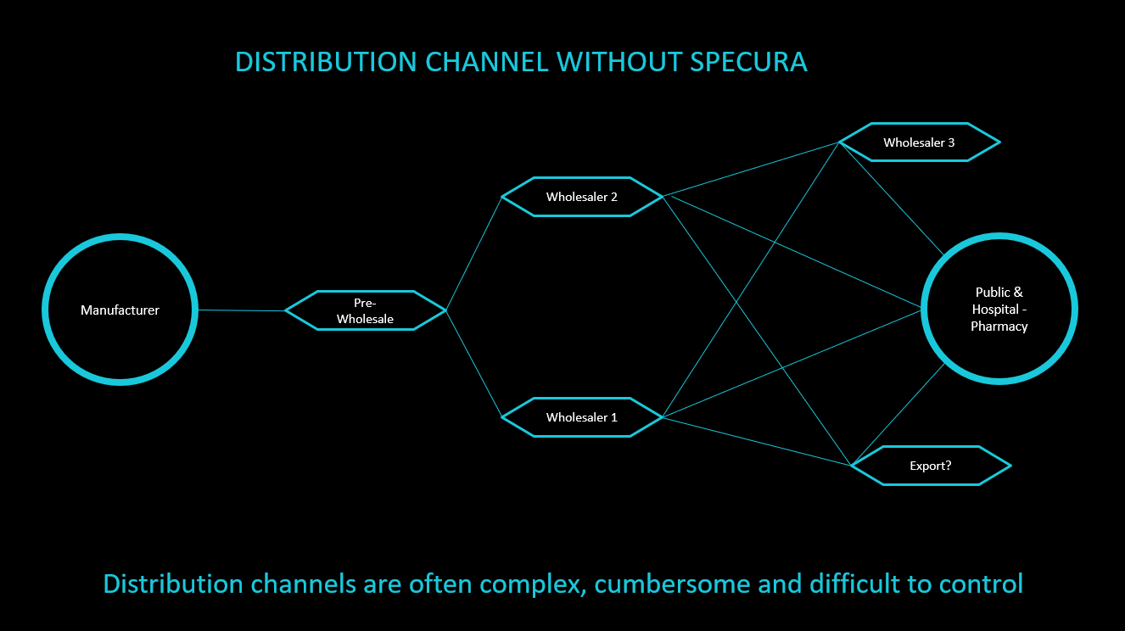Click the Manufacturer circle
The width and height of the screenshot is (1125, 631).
coord(120,310)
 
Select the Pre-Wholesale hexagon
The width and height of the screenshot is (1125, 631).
coord(365,310)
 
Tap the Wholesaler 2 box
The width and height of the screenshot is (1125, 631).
coord(581,197)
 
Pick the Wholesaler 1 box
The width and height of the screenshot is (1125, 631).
coord(581,417)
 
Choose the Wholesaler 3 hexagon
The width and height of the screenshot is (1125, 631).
coord(919,142)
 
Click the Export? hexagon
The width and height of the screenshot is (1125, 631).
coord(930,466)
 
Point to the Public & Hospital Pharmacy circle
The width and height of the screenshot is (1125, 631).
coord(999,310)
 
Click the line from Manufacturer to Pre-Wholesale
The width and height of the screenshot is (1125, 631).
coord(241,310)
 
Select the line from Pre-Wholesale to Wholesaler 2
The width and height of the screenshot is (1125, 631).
coord(473,254)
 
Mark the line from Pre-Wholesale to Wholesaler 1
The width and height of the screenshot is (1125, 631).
coord(473,364)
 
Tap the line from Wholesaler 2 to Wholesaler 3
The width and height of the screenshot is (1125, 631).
coord(751,169)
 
